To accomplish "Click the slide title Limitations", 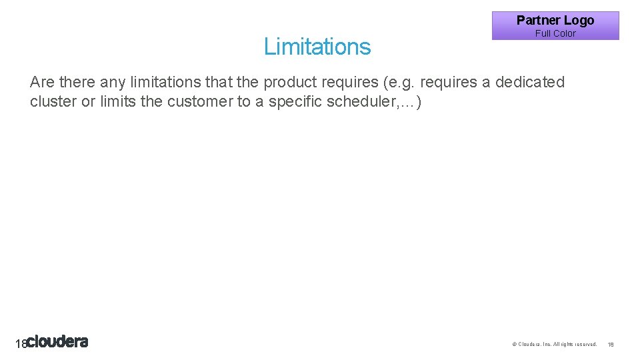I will pyautogui.click(x=317, y=47).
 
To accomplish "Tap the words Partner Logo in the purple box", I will pyautogui.click(x=555, y=20).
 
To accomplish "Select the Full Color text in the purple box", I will pyautogui.click(x=555, y=33).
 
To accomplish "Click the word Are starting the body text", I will pyautogui.click(x=42, y=82).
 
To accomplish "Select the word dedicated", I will pyautogui.click(x=529, y=82).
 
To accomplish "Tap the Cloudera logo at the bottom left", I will pyautogui.click(x=58, y=342).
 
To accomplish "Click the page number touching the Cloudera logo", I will pyautogui.click(x=20, y=344).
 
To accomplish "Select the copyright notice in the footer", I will pyautogui.click(x=554, y=344).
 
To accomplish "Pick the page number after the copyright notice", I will pyautogui.click(x=611, y=344).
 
